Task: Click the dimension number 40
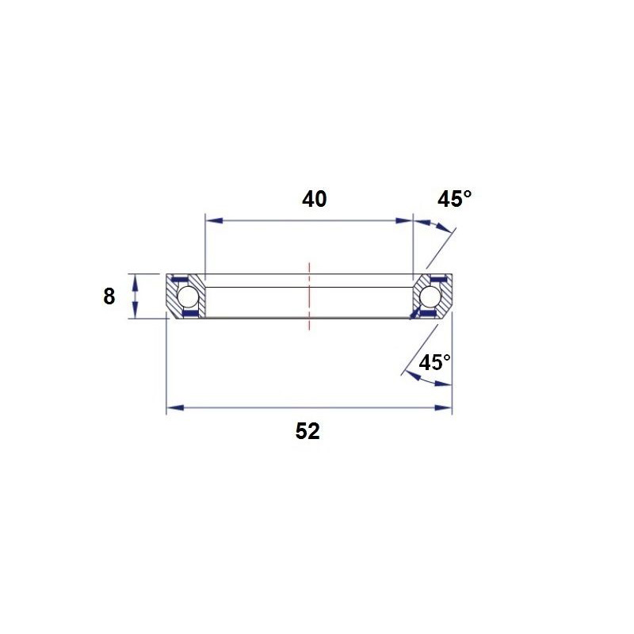[314, 200]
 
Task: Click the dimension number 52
[307, 431]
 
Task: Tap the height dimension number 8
[109, 296]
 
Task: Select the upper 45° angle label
[454, 199]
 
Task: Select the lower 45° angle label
[434, 362]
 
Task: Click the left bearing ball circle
[188, 296]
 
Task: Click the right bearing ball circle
[430, 296]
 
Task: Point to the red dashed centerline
[309, 296]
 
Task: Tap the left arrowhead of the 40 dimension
[214, 220]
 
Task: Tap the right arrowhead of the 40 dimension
[404, 220]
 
